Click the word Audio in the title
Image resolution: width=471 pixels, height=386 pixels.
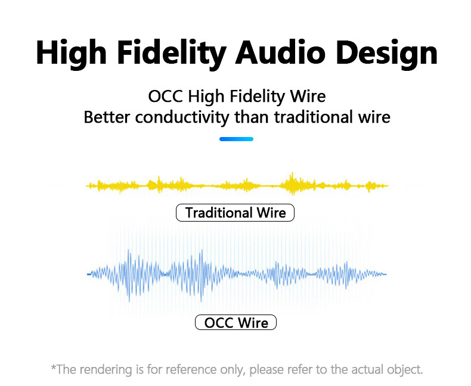pyautogui.click(x=280, y=53)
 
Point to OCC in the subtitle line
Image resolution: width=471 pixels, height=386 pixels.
pyautogui.click(x=165, y=96)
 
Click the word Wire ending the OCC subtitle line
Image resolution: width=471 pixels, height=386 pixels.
pyautogui.click(x=308, y=96)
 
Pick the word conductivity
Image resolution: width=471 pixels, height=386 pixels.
pyautogui.click(x=182, y=117)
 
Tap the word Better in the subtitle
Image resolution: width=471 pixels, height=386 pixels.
pyautogui.click(x=107, y=117)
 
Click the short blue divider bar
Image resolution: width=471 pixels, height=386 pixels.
pyautogui.click(x=236, y=139)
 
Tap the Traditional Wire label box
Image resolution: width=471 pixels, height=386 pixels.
pyautogui.click(x=235, y=213)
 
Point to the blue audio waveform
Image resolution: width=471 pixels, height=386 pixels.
pyautogui.click(x=237, y=274)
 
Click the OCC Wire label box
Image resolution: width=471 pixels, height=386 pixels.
pyautogui.click(x=236, y=322)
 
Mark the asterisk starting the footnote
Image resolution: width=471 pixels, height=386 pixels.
pyautogui.click(x=54, y=367)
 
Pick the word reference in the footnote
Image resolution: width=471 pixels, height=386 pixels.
pyautogui.click(x=191, y=369)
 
